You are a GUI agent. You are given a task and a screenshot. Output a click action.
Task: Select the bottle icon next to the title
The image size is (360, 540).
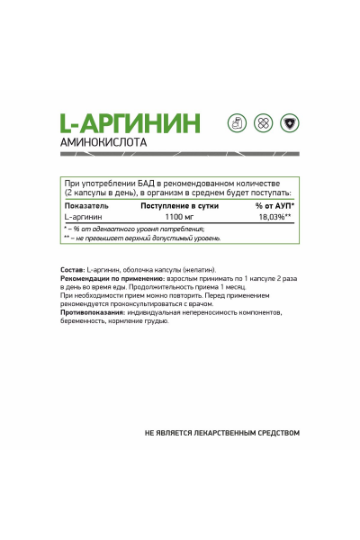tap(237, 121)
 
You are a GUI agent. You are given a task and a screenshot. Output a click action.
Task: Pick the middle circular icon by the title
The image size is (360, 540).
tap(261, 121)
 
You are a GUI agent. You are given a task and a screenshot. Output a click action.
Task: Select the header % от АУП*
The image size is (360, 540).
tap(274, 206)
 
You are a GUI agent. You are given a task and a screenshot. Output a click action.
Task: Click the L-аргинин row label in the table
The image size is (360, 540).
tap(83, 217)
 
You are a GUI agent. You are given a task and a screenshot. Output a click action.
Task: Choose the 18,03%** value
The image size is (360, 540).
tap(274, 217)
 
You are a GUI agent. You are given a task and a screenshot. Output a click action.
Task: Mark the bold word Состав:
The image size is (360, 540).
tap(73, 271)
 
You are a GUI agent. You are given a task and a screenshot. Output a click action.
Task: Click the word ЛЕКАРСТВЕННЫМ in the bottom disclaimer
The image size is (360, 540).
tap(215, 433)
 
